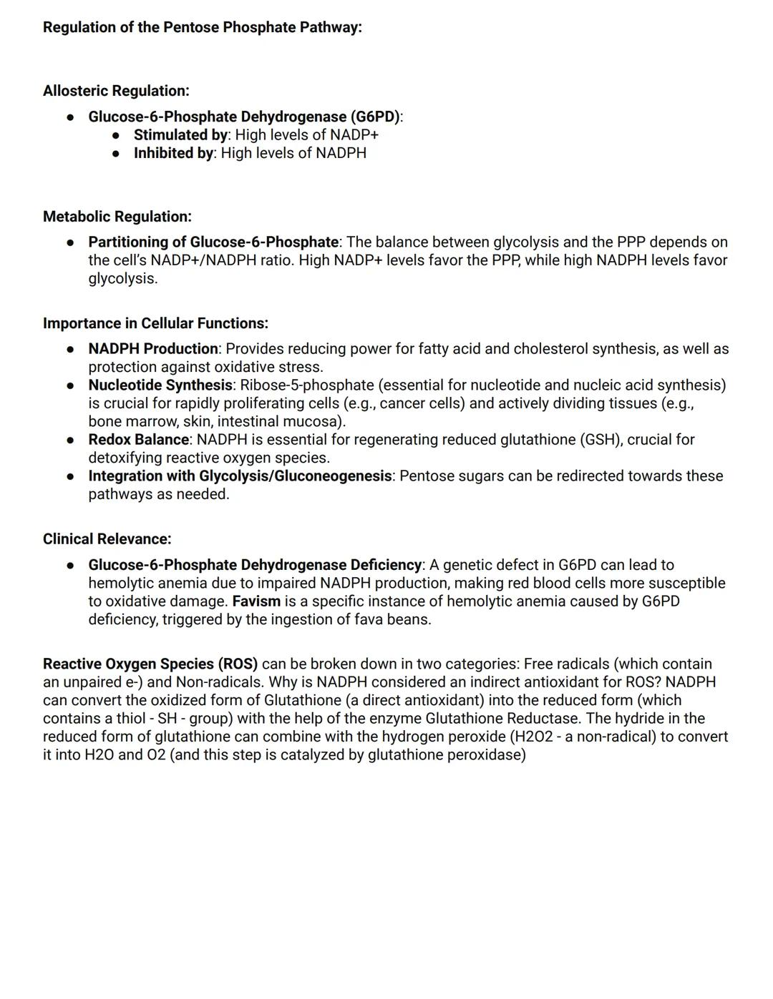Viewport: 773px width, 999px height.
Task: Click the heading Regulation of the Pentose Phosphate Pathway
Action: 202,27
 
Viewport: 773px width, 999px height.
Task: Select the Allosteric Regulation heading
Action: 116,91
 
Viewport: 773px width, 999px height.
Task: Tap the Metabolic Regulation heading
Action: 117,217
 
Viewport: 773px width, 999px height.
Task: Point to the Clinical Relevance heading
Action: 107,539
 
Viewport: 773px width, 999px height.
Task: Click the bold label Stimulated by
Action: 180,135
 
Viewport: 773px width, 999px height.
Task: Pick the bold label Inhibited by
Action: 173,153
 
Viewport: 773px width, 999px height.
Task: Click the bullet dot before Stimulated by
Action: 116,135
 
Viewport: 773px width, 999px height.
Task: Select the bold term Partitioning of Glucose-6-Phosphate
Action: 213,242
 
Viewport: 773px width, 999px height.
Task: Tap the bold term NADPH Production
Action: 153,349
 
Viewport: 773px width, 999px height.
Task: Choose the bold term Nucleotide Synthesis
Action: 160,385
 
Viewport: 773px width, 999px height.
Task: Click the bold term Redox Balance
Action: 139,440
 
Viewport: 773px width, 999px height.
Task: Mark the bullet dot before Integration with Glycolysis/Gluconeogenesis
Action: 70,476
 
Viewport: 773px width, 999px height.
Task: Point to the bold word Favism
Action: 256,601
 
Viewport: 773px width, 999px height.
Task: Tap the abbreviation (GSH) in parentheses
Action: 597,440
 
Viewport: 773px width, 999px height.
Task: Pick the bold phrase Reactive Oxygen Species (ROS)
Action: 150,664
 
